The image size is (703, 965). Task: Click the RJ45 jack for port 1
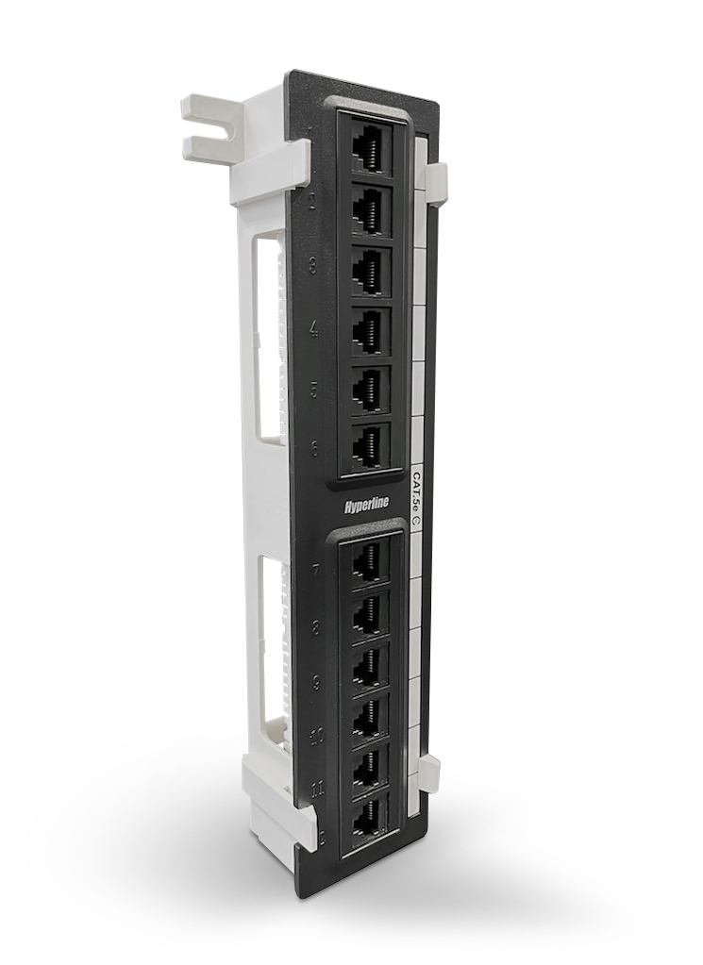[370, 149]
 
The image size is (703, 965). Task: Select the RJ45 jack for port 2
[370, 208]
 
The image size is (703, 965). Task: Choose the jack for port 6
[370, 445]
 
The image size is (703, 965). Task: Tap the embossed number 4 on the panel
[314, 329]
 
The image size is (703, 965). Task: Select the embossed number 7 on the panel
[314, 570]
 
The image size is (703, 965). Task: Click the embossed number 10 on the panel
[316, 735]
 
